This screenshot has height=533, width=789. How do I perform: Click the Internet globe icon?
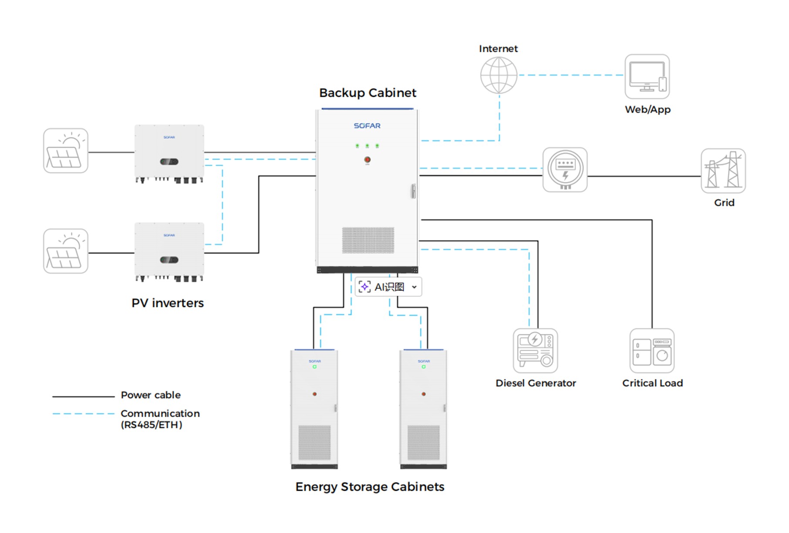(499, 75)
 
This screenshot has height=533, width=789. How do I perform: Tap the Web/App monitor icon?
(647, 77)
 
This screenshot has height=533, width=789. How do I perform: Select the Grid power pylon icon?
(723, 171)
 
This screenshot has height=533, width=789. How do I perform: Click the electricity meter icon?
(565, 170)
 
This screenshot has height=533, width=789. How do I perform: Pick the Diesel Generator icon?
(535, 351)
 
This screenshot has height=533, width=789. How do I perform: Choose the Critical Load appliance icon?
(652, 351)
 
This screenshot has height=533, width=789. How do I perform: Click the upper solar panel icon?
(66, 151)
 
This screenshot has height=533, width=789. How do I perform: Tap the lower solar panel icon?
(66, 251)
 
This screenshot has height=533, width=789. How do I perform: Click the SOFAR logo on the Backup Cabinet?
(367, 125)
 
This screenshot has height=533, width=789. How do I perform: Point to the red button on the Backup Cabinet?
(367, 160)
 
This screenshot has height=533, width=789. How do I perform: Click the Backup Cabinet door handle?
(413, 191)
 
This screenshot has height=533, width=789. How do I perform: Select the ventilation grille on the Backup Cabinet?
(368, 240)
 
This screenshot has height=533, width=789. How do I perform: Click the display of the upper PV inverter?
(169, 162)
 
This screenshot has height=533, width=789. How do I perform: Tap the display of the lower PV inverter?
(169, 260)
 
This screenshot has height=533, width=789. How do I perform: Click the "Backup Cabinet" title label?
(368, 93)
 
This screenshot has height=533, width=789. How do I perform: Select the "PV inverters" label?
(168, 303)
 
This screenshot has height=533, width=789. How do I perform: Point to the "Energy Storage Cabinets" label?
(370, 486)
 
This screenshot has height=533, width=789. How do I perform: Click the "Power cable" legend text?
(151, 395)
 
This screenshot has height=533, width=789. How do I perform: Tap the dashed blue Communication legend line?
(83, 414)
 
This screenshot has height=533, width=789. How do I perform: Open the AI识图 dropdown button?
(414, 287)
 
